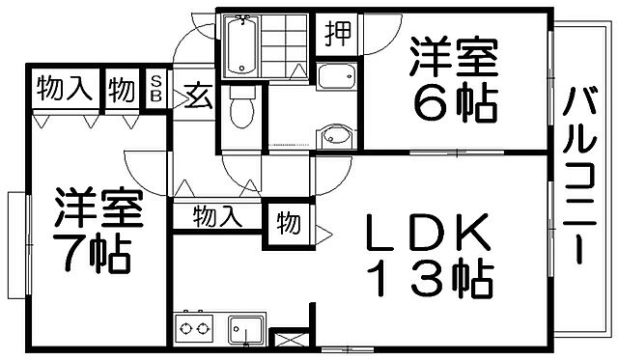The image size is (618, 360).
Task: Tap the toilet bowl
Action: click(x=242, y=111)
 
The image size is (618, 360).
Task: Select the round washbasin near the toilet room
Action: click(x=334, y=136)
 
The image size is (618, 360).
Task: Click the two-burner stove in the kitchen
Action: click(x=193, y=329)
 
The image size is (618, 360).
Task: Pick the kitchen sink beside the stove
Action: click(x=246, y=329)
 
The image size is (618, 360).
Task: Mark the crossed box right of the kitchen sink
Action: click(x=287, y=340)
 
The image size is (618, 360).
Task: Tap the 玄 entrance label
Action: click(x=199, y=96)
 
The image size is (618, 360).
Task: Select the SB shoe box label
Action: click(x=156, y=90)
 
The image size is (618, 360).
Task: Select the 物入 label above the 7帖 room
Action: click(x=64, y=90)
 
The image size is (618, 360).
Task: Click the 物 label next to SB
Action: click(x=123, y=90)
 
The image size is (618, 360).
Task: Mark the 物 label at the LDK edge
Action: click(x=288, y=223)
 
